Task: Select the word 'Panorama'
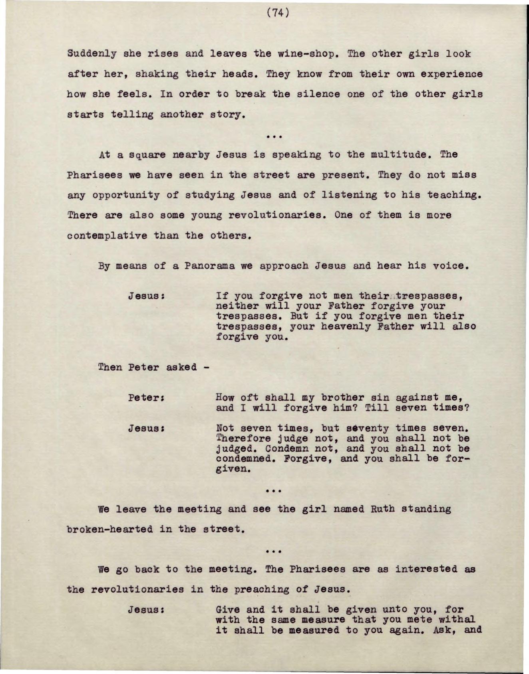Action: tap(209, 266)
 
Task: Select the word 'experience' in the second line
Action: tap(451, 74)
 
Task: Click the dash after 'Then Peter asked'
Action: tap(206, 367)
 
